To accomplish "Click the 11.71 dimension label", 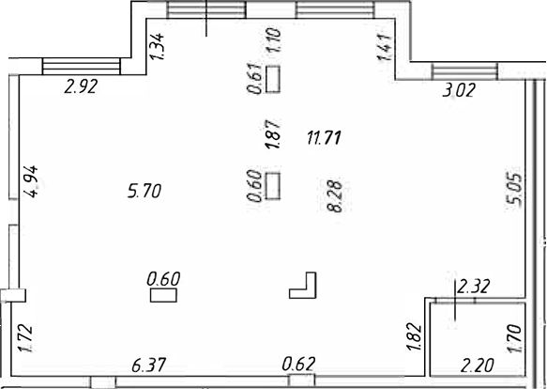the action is [x=324, y=137].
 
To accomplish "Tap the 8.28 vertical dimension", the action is [x=335, y=196].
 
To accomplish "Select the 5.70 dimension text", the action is [x=144, y=191].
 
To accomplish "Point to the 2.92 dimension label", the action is [x=81, y=86].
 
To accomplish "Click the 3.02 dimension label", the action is [x=459, y=90].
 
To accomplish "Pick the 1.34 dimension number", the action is [x=157, y=46].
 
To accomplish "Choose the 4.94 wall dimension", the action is [x=30, y=181].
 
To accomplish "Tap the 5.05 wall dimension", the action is [x=514, y=190].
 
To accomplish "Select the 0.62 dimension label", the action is [x=298, y=364].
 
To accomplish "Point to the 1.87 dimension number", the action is [x=273, y=134].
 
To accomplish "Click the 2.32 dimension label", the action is [x=474, y=287].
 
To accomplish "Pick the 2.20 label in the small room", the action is [x=478, y=366].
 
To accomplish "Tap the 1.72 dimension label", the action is [x=25, y=338].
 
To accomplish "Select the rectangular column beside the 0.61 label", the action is [x=273, y=79].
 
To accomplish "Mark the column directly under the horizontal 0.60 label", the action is [x=163, y=295].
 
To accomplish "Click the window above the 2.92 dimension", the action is [x=81, y=67].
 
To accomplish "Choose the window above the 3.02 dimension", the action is [x=465, y=72].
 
